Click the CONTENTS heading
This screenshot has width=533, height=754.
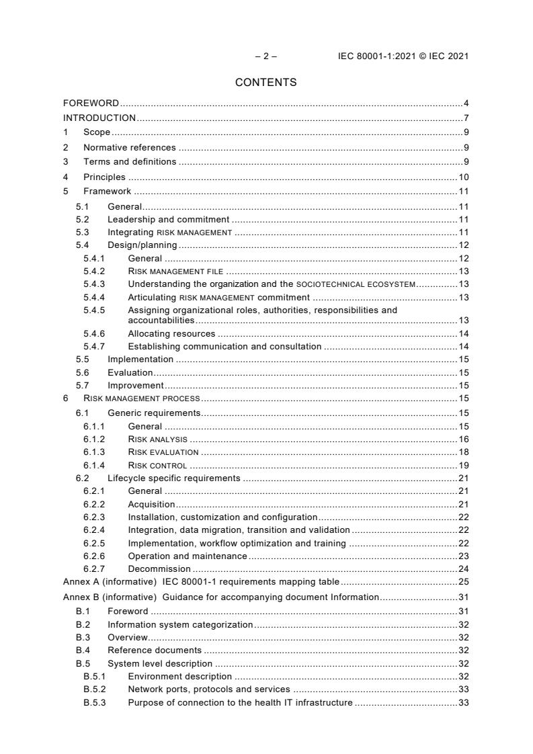(x=266, y=83)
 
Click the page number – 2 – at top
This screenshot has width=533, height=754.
(x=265, y=56)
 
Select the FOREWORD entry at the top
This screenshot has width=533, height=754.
(x=91, y=103)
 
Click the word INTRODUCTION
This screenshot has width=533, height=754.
(x=99, y=118)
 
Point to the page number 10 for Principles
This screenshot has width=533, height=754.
(x=464, y=177)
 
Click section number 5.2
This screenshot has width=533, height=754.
(x=82, y=220)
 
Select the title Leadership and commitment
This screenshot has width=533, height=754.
(x=168, y=220)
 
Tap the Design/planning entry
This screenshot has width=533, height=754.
(x=142, y=245)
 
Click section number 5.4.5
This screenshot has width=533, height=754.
(x=94, y=310)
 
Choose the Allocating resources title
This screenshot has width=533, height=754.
(x=171, y=333)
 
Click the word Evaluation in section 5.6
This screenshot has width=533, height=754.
(x=130, y=372)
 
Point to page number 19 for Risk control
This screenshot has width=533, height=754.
(x=464, y=465)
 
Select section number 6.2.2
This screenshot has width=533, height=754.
(x=94, y=504)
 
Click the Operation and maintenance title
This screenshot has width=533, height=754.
(x=187, y=556)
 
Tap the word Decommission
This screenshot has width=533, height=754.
(x=159, y=569)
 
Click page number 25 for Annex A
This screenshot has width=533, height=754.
(x=464, y=581)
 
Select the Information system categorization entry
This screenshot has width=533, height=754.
(x=180, y=624)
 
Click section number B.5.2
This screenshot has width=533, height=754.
(x=94, y=689)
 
